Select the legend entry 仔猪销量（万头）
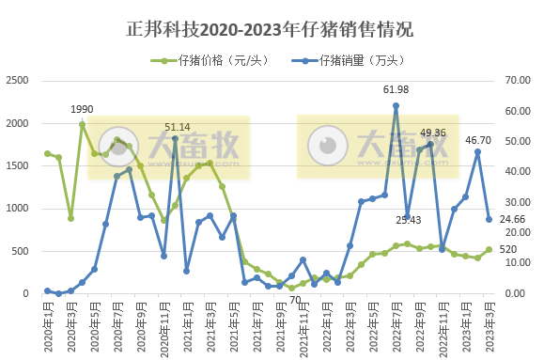[x=362, y=61]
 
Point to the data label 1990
[x=82, y=109]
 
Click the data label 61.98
[x=396, y=89]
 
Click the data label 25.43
[x=408, y=220]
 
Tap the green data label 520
[x=507, y=250]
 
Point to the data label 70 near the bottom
[x=294, y=301]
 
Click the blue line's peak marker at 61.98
[x=396, y=105]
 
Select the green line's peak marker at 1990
[x=83, y=124]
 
